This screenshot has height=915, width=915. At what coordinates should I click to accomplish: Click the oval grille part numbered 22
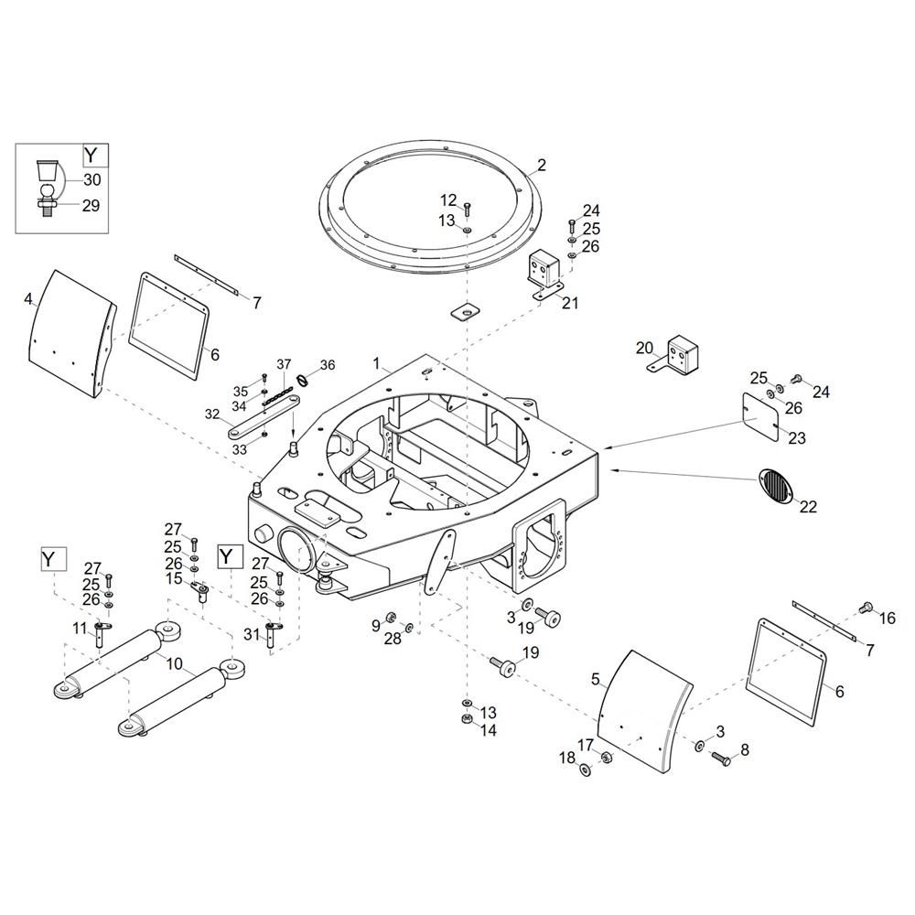775,485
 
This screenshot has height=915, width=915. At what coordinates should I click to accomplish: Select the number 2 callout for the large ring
542,165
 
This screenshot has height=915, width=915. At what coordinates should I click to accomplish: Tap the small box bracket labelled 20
674,355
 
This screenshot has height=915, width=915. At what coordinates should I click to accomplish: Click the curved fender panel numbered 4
70,334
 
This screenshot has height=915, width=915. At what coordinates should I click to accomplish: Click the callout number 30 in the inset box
92,179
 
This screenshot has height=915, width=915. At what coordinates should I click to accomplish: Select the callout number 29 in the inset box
91,205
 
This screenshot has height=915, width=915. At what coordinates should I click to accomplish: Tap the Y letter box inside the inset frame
91,156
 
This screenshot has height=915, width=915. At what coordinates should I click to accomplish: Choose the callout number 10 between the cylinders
175,663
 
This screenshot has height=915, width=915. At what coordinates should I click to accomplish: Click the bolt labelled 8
721,758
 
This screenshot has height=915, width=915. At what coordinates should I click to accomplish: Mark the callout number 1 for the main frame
376,363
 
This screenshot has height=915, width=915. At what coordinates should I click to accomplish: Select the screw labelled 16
867,608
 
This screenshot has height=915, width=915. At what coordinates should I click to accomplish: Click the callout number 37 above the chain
284,365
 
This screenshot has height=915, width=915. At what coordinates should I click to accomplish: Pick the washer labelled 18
585,770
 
